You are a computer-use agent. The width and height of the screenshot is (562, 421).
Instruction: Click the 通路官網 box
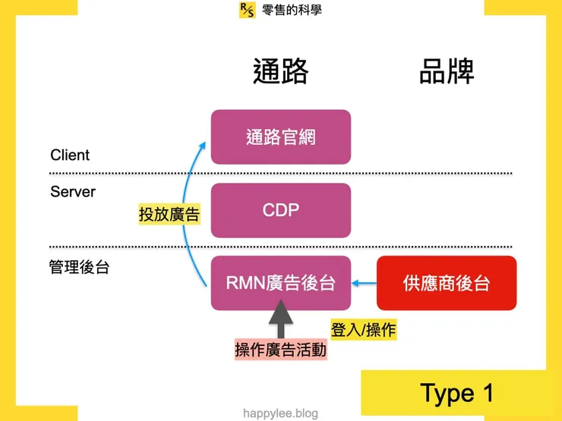[280, 137]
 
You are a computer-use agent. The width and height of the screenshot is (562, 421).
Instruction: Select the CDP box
[280, 210]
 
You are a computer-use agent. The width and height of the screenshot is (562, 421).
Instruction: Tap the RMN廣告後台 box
[280, 283]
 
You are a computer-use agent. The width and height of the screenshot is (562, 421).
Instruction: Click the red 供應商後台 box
[447, 283]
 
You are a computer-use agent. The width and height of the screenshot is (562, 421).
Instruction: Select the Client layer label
[70, 155]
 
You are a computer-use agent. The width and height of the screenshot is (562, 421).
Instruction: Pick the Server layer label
[73, 192]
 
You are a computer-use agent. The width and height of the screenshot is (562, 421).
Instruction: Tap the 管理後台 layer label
[79, 267]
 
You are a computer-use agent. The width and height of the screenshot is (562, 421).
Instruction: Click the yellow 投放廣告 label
[169, 215]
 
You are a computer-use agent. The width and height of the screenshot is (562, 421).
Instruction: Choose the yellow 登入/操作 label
[364, 330]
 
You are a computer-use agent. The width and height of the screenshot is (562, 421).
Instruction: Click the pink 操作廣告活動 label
[280, 350]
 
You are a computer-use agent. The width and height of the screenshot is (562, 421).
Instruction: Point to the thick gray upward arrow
[281, 319]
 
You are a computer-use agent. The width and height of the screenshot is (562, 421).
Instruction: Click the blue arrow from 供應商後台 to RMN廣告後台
[365, 284]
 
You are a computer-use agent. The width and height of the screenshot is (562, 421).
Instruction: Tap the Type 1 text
[456, 393]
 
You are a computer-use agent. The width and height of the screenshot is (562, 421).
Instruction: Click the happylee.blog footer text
[280, 413]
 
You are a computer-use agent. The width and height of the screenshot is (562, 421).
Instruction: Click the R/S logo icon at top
[247, 10]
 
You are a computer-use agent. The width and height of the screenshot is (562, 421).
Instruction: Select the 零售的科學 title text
[292, 10]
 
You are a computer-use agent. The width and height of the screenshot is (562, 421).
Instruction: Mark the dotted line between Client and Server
[280, 174]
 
